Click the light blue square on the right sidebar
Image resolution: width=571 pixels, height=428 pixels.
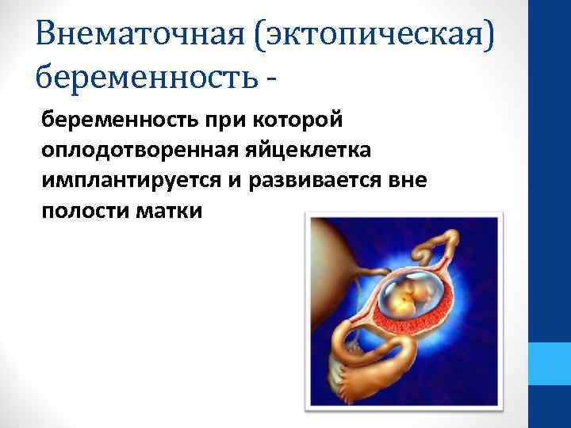point(550,365)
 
